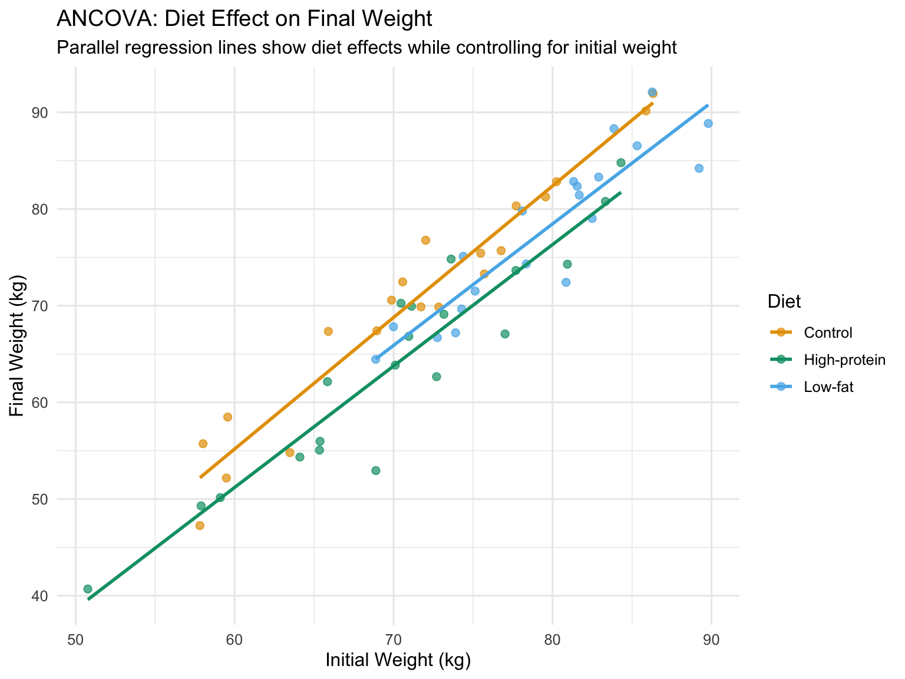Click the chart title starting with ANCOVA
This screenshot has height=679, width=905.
[244, 19]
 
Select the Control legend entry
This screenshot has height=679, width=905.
[828, 332]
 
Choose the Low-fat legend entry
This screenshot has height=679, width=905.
[828, 387]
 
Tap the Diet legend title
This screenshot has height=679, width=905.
[784, 302]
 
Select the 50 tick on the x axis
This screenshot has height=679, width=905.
[75, 641]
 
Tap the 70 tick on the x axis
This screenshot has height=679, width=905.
[393, 641]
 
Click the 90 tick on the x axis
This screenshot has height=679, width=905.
[711, 641]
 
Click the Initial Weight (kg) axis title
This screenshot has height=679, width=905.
[398, 661]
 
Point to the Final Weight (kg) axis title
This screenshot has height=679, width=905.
[18, 345]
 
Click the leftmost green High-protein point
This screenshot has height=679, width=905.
[88, 589]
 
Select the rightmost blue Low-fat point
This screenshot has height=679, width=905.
[708, 123]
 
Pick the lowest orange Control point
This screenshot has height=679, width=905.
[200, 526]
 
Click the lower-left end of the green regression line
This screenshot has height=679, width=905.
[88, 599]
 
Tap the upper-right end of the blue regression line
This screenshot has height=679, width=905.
[708, 105]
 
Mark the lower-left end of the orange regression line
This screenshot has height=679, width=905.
[200, 477]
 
